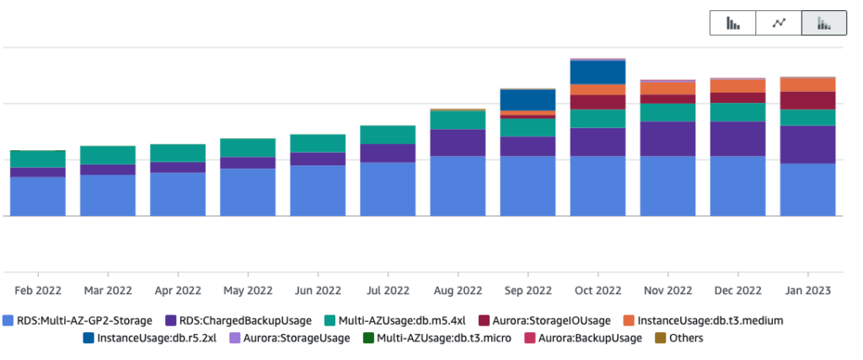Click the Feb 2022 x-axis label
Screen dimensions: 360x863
[38, 290]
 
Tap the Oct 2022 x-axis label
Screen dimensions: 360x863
[598, 290]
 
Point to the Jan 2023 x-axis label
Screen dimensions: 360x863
[807, 290]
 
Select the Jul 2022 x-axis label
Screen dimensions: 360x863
[388, 290]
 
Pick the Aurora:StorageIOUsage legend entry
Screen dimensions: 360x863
[545, 320]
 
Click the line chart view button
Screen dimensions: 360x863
[779, 24]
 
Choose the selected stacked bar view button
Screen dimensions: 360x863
[823, 24]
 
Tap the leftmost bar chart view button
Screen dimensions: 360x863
[733, 24]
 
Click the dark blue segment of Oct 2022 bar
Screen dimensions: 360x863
[598, 73]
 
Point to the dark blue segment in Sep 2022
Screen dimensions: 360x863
[528, 99]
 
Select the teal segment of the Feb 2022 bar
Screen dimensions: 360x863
[38, 159]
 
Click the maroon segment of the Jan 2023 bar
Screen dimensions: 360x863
[807, 100]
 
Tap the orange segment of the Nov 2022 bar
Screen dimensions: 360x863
[667, 88]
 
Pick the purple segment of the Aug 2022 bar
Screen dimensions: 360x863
[458, 142]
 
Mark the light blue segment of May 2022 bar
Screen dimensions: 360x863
[248, 191]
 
